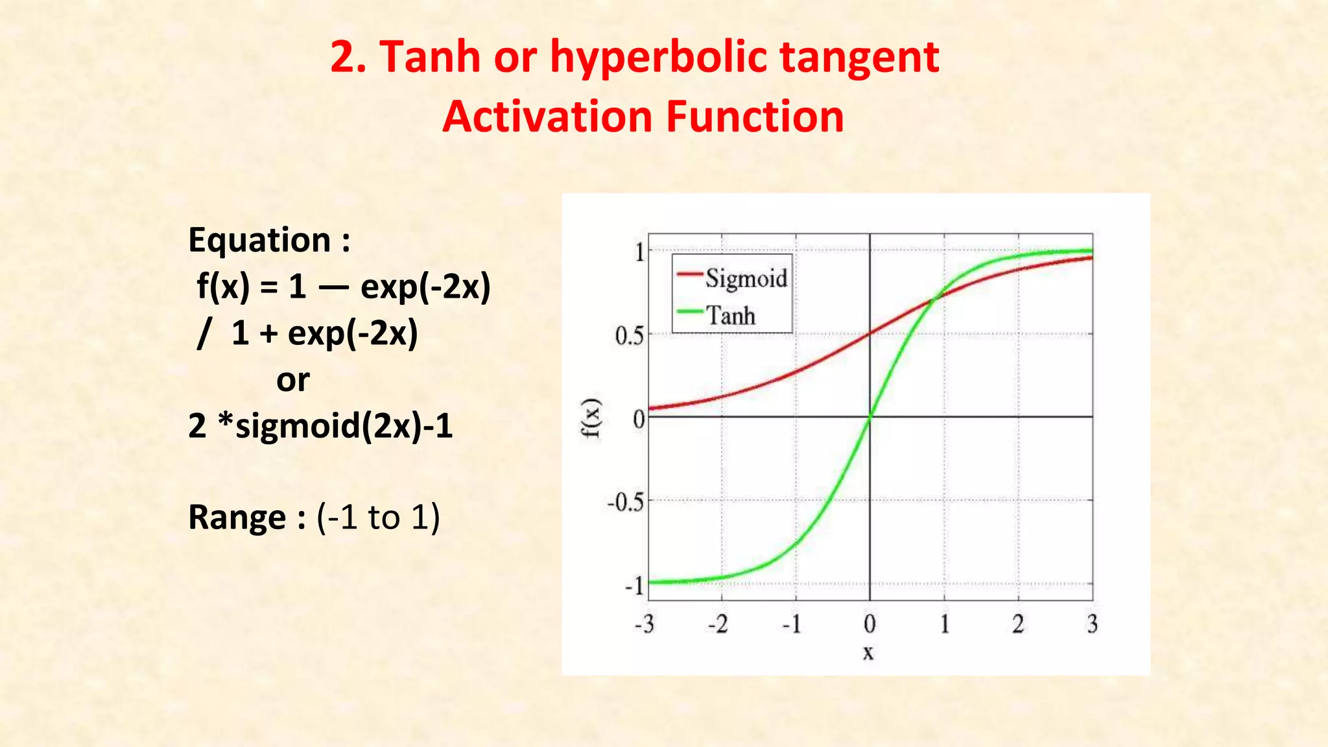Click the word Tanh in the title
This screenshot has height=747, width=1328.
pos(429,57)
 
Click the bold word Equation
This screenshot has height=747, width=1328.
pos(260,241)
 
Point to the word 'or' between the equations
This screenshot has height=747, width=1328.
pos(293,380)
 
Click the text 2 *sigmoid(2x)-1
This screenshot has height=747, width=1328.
pos(320,427)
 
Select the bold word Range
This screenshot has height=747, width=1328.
pos(237,518)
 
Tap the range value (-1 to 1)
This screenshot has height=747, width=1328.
pos(378,518)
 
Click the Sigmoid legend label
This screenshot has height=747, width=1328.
pos(746,279)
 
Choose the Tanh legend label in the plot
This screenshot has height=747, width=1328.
pos(731,316)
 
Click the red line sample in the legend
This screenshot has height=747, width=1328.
pos(689,275)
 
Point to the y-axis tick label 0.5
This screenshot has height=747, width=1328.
pos(629,336)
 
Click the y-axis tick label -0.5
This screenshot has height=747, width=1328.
pos(625,502)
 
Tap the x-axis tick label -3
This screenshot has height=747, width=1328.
pos(644,624)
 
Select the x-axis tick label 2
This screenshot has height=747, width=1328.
pos(1018,624)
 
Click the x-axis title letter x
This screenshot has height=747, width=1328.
pos(868,652)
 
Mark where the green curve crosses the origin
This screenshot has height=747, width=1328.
pos(870,416)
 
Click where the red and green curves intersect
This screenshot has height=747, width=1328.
pos(935,298)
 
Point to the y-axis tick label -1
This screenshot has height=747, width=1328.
pos(634,586)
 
